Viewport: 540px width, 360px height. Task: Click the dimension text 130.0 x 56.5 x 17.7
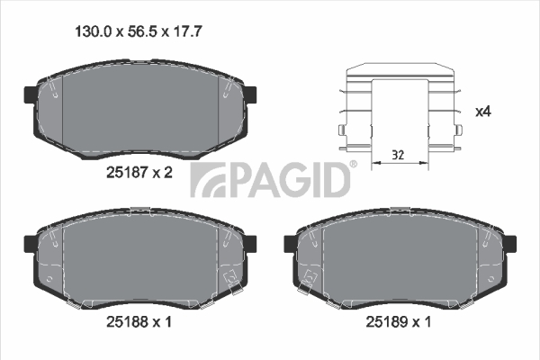(138, 32)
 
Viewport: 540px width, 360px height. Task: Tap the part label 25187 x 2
(139, 172)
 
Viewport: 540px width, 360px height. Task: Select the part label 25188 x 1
(139, 322)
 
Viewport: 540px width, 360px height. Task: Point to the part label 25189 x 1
(398, 322)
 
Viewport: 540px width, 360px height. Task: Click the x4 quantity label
(482, 112)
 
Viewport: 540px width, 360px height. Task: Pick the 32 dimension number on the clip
(398, 155)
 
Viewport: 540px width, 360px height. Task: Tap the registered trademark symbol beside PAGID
(354, 164)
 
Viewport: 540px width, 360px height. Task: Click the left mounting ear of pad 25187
(30, 94)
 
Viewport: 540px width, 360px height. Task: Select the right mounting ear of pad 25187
(250, 94)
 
